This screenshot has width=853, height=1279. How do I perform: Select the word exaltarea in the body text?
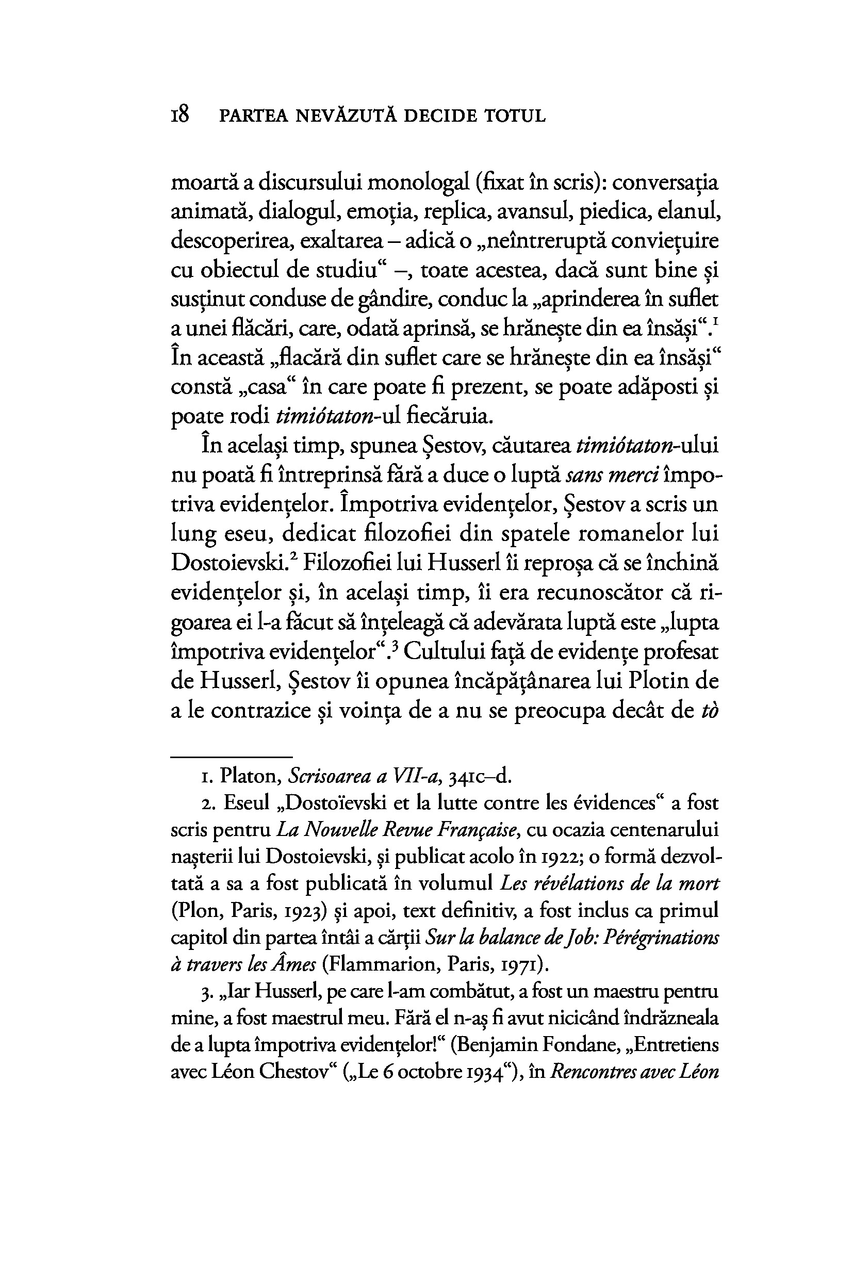point(341,241)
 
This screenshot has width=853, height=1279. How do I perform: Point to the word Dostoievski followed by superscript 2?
point(229,563)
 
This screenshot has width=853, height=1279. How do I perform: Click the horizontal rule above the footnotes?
point(232,756)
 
